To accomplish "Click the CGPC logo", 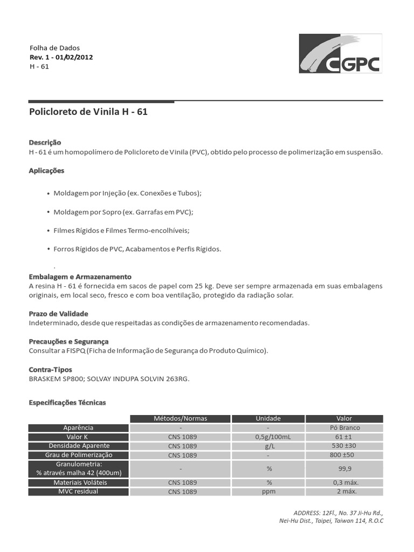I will pyautogui.click(x=340, y=54).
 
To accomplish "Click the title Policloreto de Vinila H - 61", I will pyautogui.click(x=87, y=112).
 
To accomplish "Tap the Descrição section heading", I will pyautogui.click(x=45, y=142).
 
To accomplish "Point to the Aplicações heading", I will pyautogui.click(x=46, y=171).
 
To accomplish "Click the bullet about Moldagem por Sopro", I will pyautogui.click(x=123, y=212).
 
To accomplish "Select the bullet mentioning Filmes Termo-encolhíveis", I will pyautogui.click(x=121, y=231).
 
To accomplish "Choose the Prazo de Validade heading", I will pyautogui.click(x=58, y=314).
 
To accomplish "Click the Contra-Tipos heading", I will pyautogui.click(x=50, y=370).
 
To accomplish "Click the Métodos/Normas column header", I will pyautogui.click(x=180, y=418).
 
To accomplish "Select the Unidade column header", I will pyautogui.click(x=268, y=418).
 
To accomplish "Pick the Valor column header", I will pyautogui.click(x=344, y=418).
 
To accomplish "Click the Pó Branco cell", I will pyautogui.click(x=344, y=427).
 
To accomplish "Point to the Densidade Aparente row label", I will pyautogui.click(x=79, y=446).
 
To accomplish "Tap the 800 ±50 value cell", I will pyautogui.click(x=344, y=455).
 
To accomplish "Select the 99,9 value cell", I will pyautogui.click(x=344, y=469).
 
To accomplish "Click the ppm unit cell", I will pyautogui.click(x=268, y=492).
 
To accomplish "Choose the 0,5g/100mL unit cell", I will pyautogui.click(x=268, y=437).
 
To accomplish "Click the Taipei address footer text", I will pyautogui.click(x=331, y=521).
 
